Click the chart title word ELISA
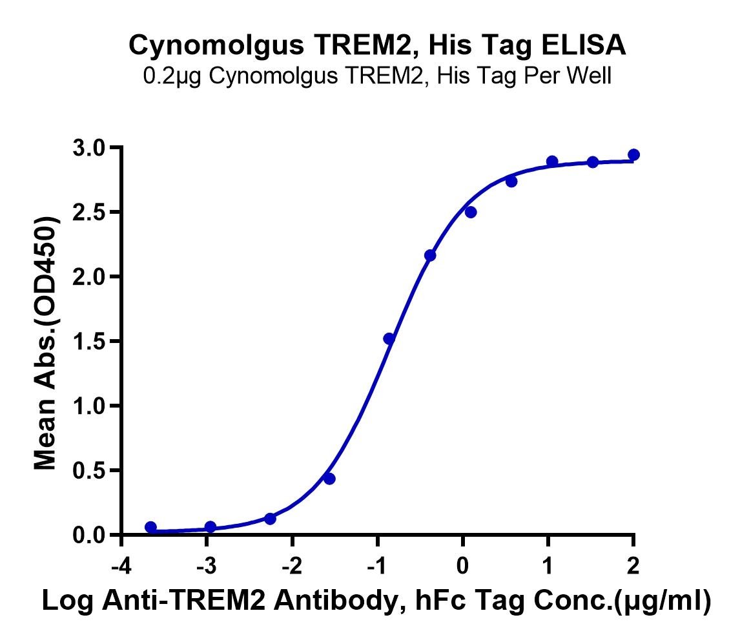point(583,45)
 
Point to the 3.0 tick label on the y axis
point(88,149)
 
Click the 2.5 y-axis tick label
point(88,213)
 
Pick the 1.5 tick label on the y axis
point(88,342)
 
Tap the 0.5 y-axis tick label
point(88,471)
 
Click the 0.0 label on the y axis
point(88,535)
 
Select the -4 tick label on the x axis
point(121,566)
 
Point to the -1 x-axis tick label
point(377,566)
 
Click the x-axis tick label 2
point(633,566)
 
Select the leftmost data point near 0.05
point(150,527)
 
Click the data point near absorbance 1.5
point(389,338)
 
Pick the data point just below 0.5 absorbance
point(329,479)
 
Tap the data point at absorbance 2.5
point(471,213)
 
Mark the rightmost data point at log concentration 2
point(634,155)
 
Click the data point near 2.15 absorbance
point(430,255)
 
